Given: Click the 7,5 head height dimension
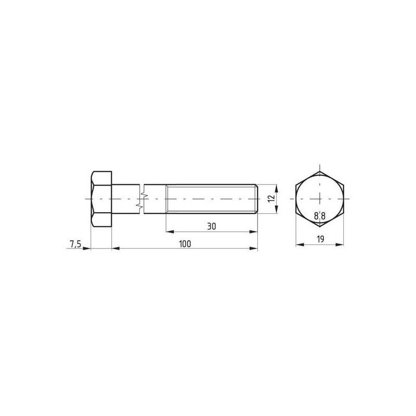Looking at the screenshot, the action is pyautogui.click(x=75, y=244).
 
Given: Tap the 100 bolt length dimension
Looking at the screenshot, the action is pyautogui.click(x=185, y=244).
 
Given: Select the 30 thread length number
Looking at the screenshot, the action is pyautogui.click(x=212, y=227).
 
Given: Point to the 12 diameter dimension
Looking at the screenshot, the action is pyautogui.click(x=271, y=199).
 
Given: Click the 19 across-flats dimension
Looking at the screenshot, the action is pyautogui.click(x=320, y=239).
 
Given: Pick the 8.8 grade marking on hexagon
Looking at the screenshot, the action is pyautogui.click(x=320, y=216).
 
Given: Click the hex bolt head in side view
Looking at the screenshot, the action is pyautogui.click(x=101, y=199).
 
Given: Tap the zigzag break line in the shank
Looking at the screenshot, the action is pyautogui.click(x=141, y=199).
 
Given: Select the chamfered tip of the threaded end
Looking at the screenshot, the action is pyautogui.click(x=256, y=199).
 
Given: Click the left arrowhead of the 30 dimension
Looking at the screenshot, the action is pyautogui.click(x=170, y=232).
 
